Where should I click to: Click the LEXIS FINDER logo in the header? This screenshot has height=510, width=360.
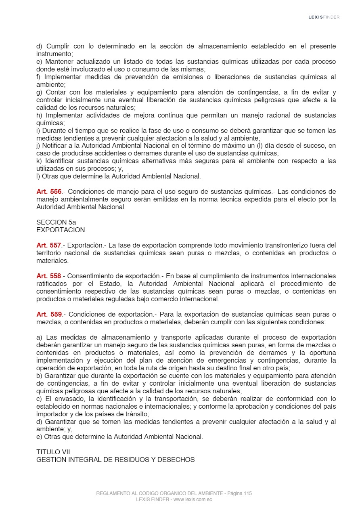324,17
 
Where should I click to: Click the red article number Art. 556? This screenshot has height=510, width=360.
49,192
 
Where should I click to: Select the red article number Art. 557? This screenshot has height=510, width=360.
49,246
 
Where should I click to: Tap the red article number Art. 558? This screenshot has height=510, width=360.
49,276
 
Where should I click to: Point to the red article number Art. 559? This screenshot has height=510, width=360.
49,315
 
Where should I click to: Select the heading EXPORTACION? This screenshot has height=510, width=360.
61,230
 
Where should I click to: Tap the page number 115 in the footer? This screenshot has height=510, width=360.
248,493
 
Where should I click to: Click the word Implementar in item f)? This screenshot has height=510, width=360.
63,77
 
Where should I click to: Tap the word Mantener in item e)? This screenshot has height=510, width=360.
59,62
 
